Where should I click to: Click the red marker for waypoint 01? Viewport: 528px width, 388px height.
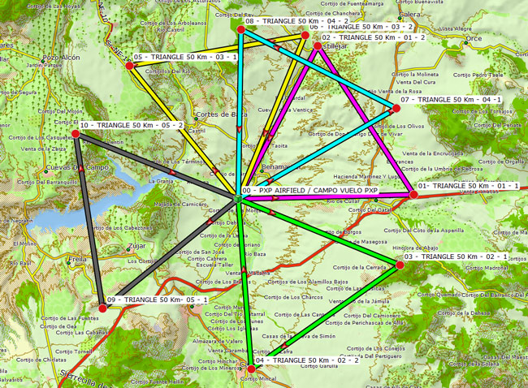413,194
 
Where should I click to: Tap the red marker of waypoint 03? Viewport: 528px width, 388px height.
399,265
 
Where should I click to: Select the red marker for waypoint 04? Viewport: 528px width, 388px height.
251,369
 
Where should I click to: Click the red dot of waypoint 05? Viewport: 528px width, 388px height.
129,65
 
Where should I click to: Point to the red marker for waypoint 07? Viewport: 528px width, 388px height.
396,108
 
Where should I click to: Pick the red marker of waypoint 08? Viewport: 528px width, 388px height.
241,28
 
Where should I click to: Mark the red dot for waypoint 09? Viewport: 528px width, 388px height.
102,308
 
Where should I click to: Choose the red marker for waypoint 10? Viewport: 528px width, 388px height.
76,133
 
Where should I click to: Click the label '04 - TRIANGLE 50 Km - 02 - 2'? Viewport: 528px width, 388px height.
306,360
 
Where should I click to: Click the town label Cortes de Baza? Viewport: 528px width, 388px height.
221,114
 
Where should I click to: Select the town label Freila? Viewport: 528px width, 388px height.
78,259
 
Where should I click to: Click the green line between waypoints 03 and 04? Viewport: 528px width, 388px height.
325,317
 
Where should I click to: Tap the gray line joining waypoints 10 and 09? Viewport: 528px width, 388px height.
89,219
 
